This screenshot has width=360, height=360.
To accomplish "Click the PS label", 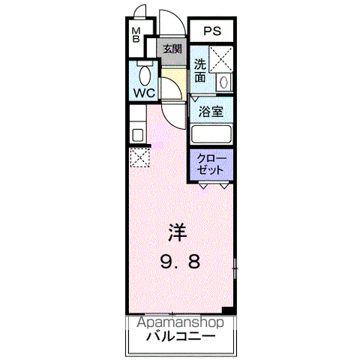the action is (x=212, y=31).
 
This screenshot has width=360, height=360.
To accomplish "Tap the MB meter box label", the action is (x=136, y=35).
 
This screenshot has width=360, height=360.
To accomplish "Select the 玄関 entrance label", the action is (x=172, y=49).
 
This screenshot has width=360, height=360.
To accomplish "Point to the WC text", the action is (x=144, y=93).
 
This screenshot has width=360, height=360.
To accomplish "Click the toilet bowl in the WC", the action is (x=145, y=75).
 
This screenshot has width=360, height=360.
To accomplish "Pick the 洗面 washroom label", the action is (x=200, y=70).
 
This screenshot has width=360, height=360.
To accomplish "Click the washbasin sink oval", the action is (x=223, y=82).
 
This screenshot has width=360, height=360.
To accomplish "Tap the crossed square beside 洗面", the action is (x=221, y=59).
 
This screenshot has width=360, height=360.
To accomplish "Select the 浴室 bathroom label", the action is (x=211, y=112).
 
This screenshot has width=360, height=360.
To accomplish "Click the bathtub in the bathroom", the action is (x=211, y=134).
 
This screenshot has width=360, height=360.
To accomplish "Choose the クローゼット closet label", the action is (x=211, y=164).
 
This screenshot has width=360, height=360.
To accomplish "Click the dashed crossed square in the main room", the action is (x=139, y=157).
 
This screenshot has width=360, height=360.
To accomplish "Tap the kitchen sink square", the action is (x=137, y=135).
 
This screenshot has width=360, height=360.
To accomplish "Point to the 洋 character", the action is (x=178, y=232).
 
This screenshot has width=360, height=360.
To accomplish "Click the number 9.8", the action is (x=180, y=262).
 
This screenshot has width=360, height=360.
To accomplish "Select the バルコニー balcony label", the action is (x=181, y=336).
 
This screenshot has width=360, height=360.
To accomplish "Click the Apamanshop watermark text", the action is (x=180, y=322).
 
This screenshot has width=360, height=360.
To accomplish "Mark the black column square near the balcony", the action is (x=228, y=310).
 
